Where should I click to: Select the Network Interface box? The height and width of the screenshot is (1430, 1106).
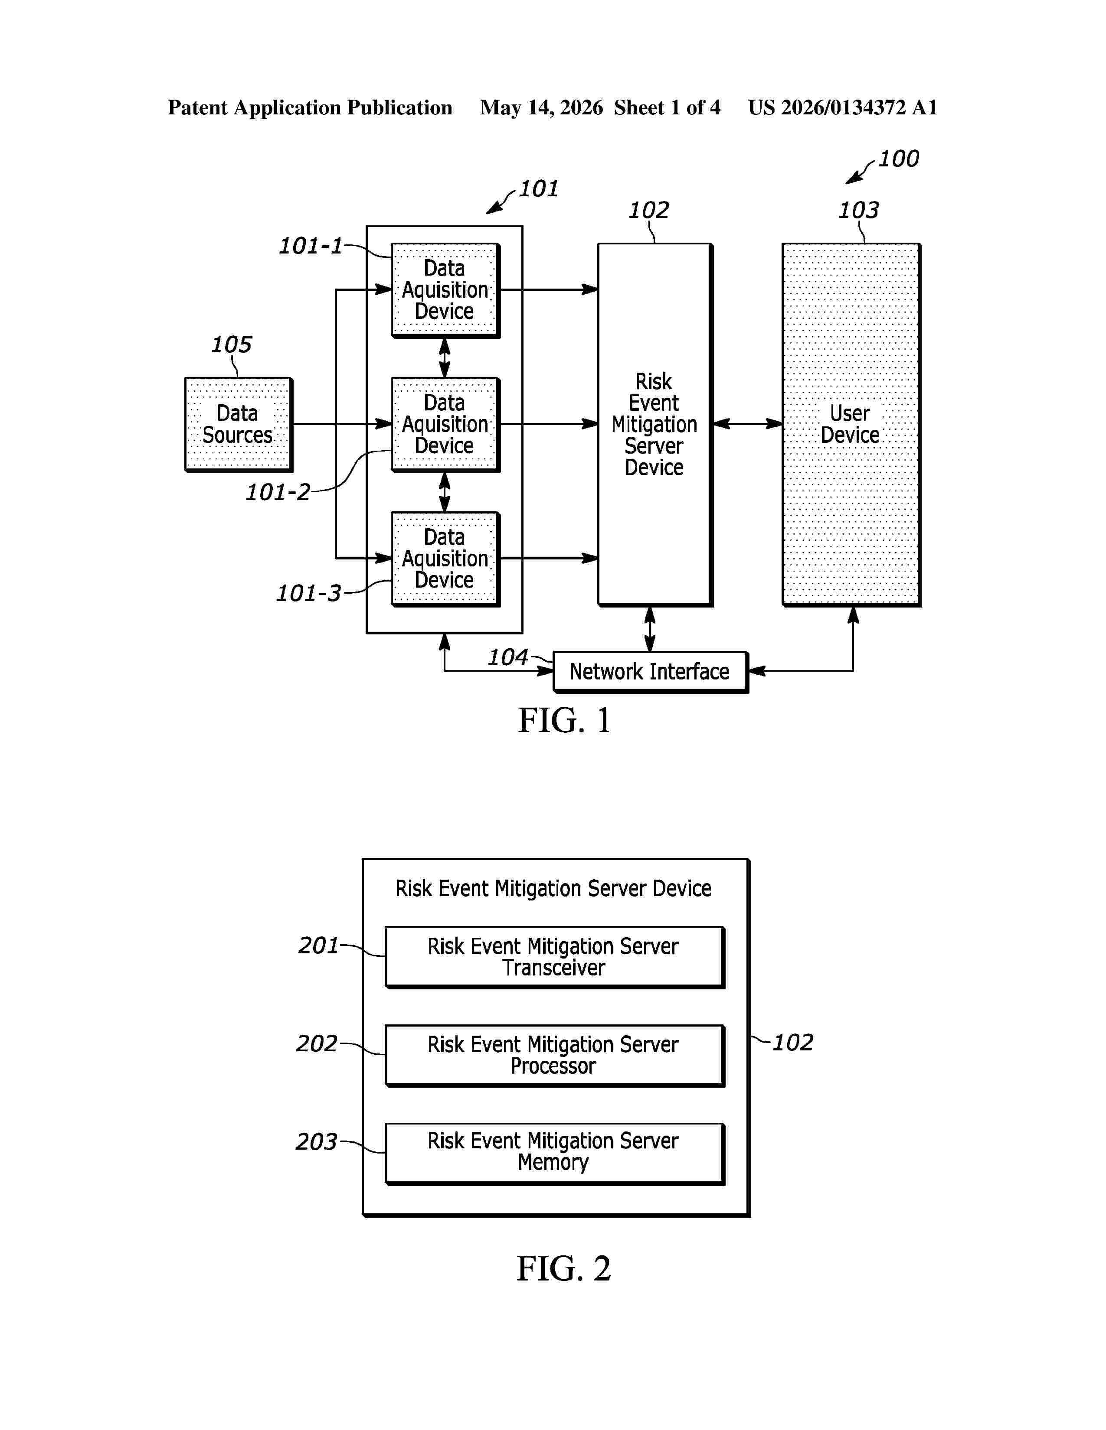tap(651, 672)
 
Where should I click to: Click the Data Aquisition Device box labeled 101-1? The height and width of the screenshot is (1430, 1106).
tap(445, 290)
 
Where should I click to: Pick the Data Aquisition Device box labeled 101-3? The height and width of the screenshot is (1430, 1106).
tap(445, 559)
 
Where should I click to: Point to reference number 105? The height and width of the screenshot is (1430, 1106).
tap(231, 344)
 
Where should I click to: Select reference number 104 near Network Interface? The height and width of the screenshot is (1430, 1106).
tap(508, 657)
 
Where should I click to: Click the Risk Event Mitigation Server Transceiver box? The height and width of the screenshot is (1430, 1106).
tap(554, 957)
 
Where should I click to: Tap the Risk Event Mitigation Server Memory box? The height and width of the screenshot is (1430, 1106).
tap(554, 1154)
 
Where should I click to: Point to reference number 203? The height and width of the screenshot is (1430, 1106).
tap(317, 1141)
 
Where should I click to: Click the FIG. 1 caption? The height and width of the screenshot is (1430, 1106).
tap(564, 720)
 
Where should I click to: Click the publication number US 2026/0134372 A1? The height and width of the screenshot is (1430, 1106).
tap(843, 107)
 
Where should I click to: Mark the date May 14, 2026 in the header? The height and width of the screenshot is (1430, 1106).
tap(541, 107)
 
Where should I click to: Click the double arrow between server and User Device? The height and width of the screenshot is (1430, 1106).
tap(747, 424)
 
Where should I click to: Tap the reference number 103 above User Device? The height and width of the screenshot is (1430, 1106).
tap(858, 210)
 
